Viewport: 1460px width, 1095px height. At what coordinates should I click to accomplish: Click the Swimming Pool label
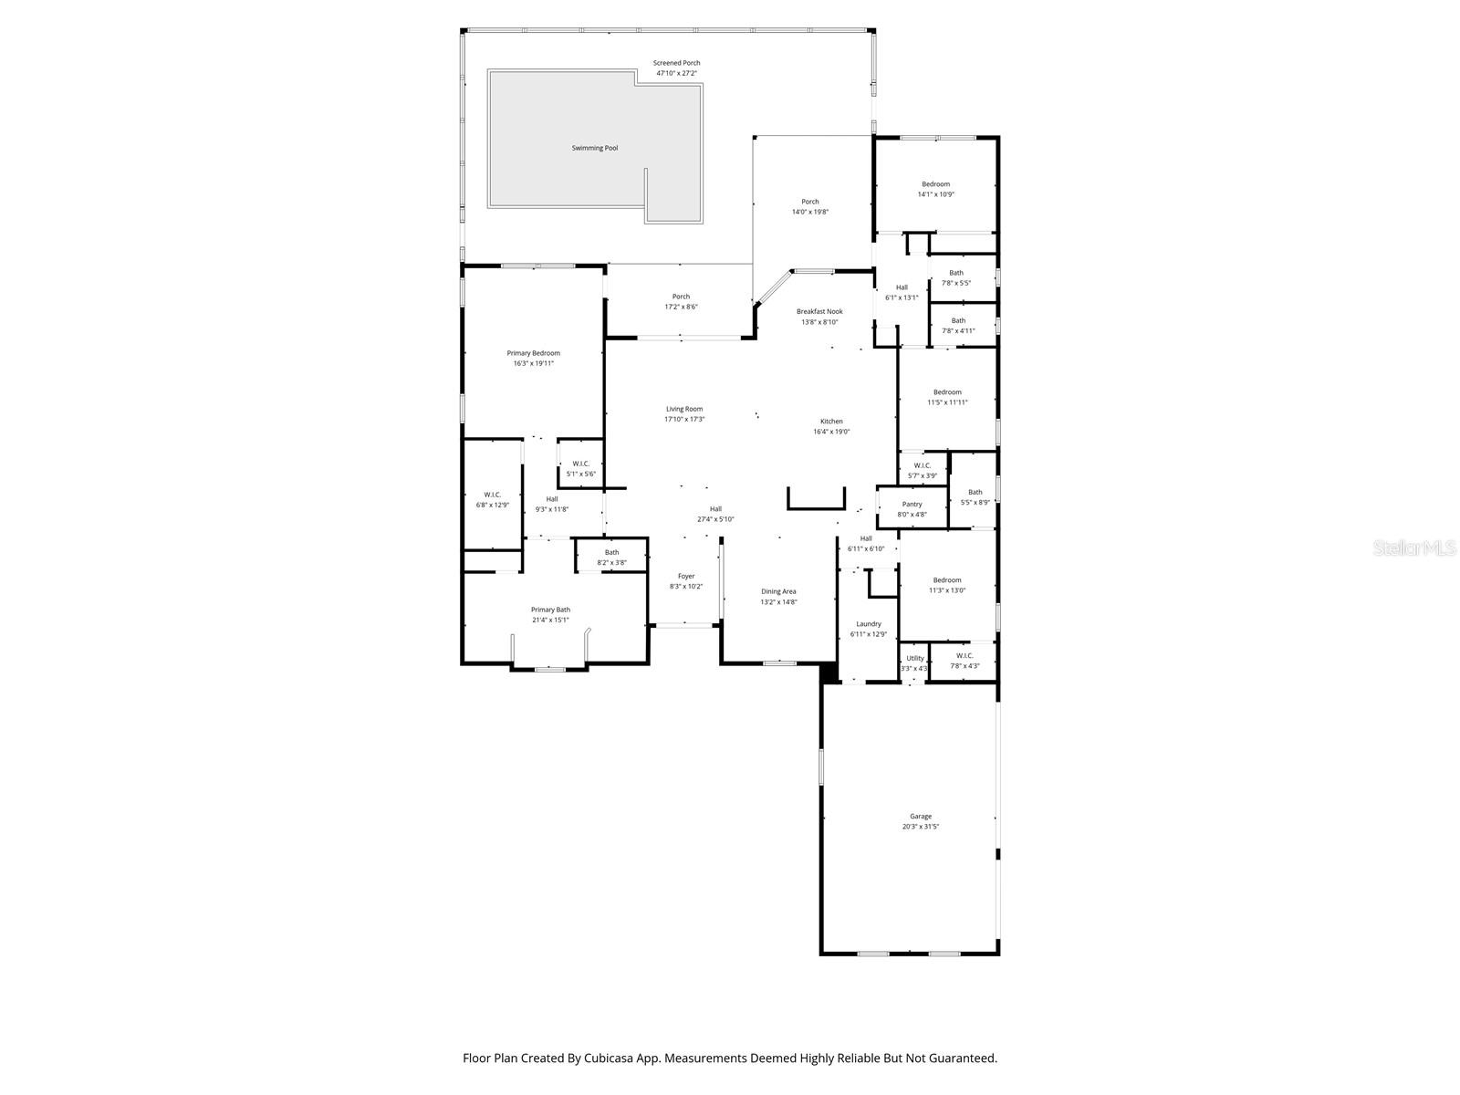point(594,148)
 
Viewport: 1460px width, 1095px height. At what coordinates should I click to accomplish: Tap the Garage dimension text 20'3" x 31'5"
point(920,827)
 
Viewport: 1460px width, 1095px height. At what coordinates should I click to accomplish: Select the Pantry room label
point(912,505)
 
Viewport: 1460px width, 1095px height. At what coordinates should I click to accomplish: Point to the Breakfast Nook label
point(819,311)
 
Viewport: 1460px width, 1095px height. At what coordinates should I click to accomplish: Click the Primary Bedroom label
point(533,353)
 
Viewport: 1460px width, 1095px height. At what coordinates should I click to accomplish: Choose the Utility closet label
point(914,658)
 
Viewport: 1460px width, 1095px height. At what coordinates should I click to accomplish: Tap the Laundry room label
point(868,624)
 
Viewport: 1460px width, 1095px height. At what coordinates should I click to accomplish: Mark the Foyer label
point(685,576)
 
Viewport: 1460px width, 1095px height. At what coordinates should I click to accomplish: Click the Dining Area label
point(778,591)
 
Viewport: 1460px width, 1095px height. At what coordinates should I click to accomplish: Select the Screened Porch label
point(676,63)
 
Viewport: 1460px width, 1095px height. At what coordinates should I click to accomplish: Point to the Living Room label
point(683,409)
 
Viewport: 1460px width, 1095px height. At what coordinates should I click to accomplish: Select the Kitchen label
point(830,422)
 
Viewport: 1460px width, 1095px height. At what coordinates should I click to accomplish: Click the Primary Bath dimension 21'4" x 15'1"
point(550,620)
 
